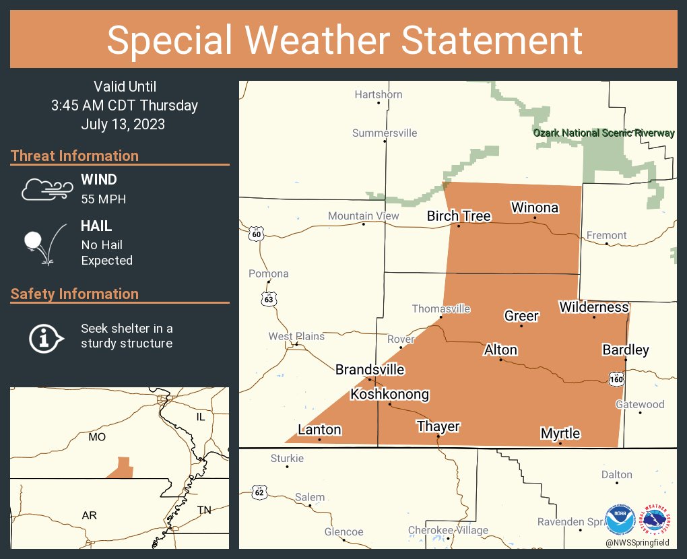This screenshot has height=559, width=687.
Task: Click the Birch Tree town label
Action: (x=459, y=216)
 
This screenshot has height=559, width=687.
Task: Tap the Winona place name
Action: (x=534, y=207)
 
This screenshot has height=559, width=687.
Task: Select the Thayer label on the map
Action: (x=438, y=426)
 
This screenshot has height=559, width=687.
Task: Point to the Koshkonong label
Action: (x=389, y=395)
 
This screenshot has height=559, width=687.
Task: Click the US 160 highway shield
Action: (x=616, y=379)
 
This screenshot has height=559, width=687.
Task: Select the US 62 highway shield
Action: (x=259, y=492)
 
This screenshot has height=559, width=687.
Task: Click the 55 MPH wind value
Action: (x=103, y=199)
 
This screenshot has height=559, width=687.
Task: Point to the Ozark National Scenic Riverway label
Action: (x=603, y=133)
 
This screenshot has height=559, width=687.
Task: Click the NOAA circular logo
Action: (x=620, y=520)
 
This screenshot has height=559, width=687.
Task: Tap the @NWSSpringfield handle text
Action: (x=637, y=542)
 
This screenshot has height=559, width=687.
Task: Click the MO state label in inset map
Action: (x=97, y=437)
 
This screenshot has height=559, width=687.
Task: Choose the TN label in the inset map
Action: (x=204, y=511)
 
